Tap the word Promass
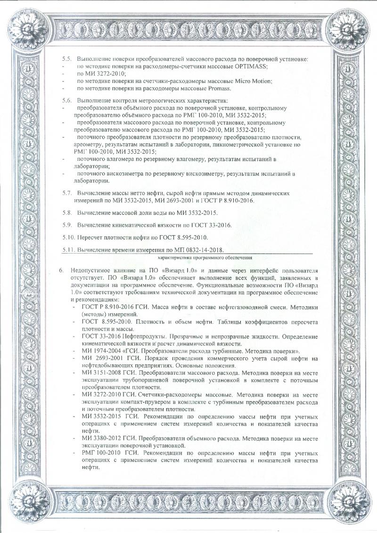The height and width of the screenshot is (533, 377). [x=217, y=88]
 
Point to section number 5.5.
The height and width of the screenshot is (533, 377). [x=67, y=59]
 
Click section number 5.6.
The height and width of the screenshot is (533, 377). [x=67, y=101]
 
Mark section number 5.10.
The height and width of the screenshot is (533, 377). [x=69, y=236]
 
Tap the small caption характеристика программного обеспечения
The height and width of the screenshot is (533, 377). [x=205, y=258]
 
